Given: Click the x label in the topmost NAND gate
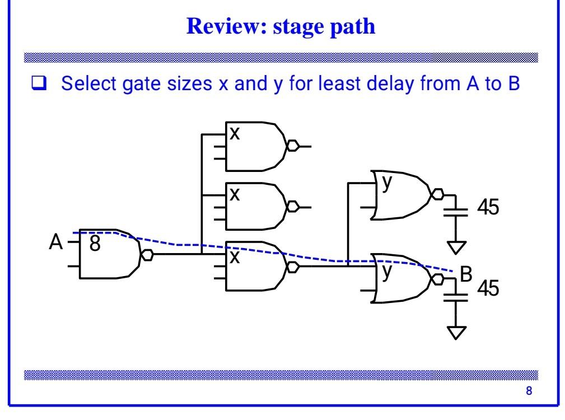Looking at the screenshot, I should tap(235, 134).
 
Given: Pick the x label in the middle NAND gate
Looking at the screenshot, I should tap(235, 194).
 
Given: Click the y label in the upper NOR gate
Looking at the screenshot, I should tap(385, 183).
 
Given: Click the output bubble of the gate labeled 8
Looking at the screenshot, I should tap(147, 254).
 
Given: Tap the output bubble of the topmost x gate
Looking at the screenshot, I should tap(292, 147).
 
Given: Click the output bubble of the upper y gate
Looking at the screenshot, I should tap(438, 195).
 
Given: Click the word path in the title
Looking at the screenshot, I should tap(353, 28).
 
